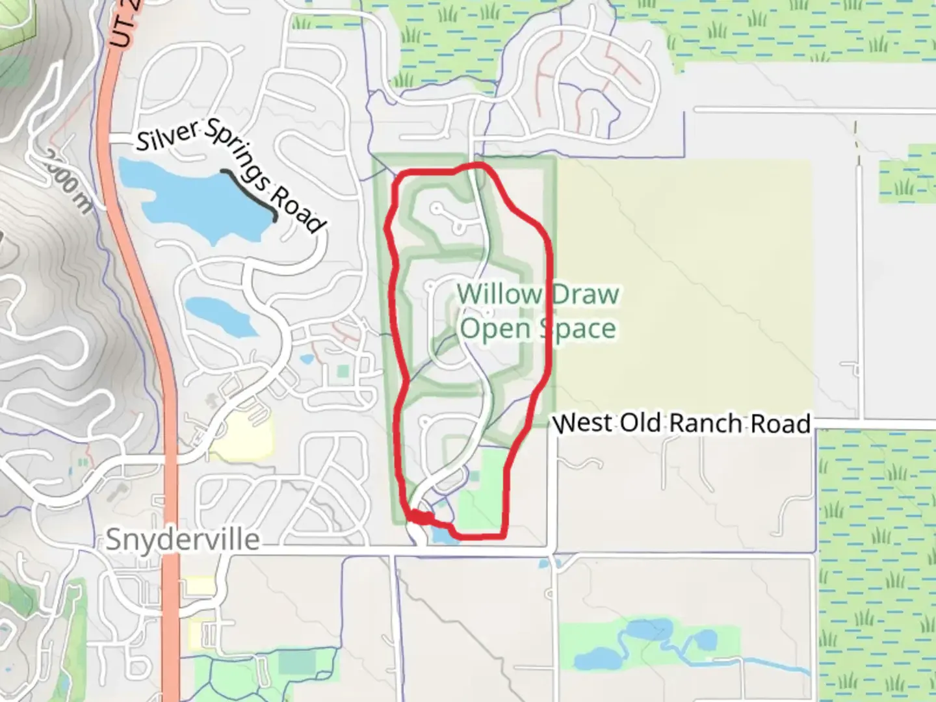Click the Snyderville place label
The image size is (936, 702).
[x=183, y=540]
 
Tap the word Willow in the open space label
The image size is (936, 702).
[x=499, y=294]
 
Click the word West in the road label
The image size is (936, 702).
[x=582, y=423]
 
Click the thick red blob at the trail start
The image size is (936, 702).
[x=421, y=518]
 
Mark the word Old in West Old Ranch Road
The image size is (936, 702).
[x=640, y=423]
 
